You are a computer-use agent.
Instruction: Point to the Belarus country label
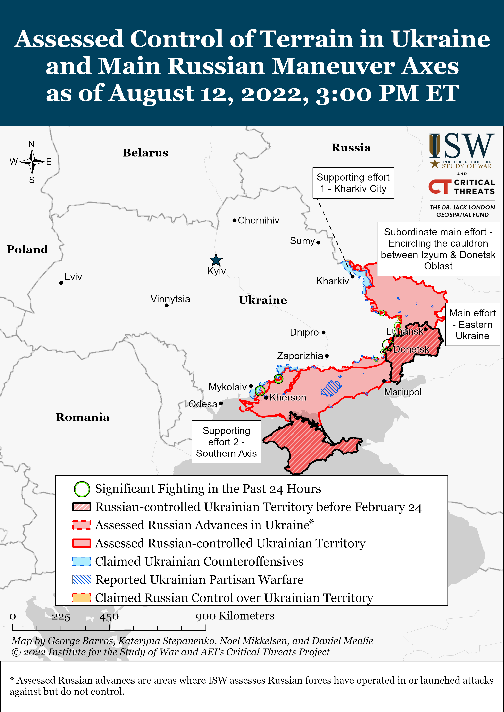tap(145, 153)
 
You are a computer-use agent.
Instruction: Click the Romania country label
tap(83, 417)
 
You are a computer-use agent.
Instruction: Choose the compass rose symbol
tap(32, 161)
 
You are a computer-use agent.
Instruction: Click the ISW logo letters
tap(462, 146)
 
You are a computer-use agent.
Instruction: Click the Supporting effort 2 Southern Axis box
tap(226, 442)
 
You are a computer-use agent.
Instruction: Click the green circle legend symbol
tap(82, 489)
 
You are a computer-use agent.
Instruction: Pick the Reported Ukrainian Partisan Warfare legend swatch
tap(82, 579)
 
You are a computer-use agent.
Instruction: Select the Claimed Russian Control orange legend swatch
tap(82, 598)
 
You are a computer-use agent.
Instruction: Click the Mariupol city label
tap(403, 392)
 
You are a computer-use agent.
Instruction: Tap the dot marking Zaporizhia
tap(327, 356)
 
